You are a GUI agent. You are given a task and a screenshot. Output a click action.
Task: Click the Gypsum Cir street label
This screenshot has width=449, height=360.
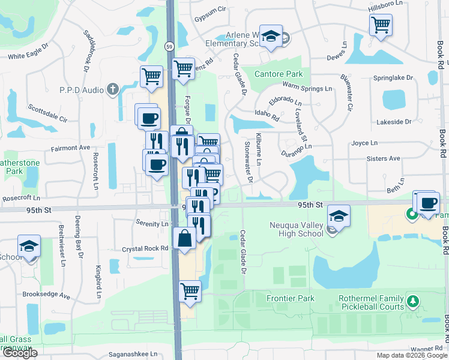(x=209, y=10)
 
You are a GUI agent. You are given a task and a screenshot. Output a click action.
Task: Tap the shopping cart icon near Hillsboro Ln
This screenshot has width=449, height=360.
(x=381, y=25)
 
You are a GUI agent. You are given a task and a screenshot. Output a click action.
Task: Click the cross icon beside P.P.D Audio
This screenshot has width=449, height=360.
(x=112, y=90)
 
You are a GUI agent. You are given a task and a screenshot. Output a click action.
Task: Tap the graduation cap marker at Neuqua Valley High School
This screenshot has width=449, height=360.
(x=339, y=217)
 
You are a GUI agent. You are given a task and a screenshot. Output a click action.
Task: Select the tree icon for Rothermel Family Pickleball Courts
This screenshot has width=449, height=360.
(x=412, y=299)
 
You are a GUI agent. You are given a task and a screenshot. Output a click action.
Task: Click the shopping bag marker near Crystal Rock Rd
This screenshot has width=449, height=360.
(x=184, y=238)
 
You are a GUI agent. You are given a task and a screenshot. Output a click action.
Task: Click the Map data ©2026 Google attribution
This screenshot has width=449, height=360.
(x=411, y=355)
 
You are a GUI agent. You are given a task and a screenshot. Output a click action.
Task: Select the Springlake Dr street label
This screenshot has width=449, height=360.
(x=393, y=78)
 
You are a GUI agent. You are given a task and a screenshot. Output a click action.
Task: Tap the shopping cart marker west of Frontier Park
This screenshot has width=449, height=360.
(x=190, y=292)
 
